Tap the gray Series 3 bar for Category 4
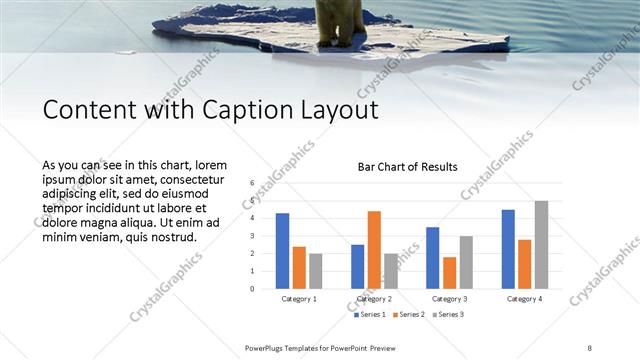[541, 245]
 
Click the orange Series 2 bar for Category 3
[449, 273]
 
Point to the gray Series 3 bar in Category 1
[316, 271]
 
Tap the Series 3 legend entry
[449, 315]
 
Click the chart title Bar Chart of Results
[408, 167]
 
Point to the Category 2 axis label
[374, 299]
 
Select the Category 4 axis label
[524, 299]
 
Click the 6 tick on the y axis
[252, 183]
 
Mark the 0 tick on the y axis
[252, 289]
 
